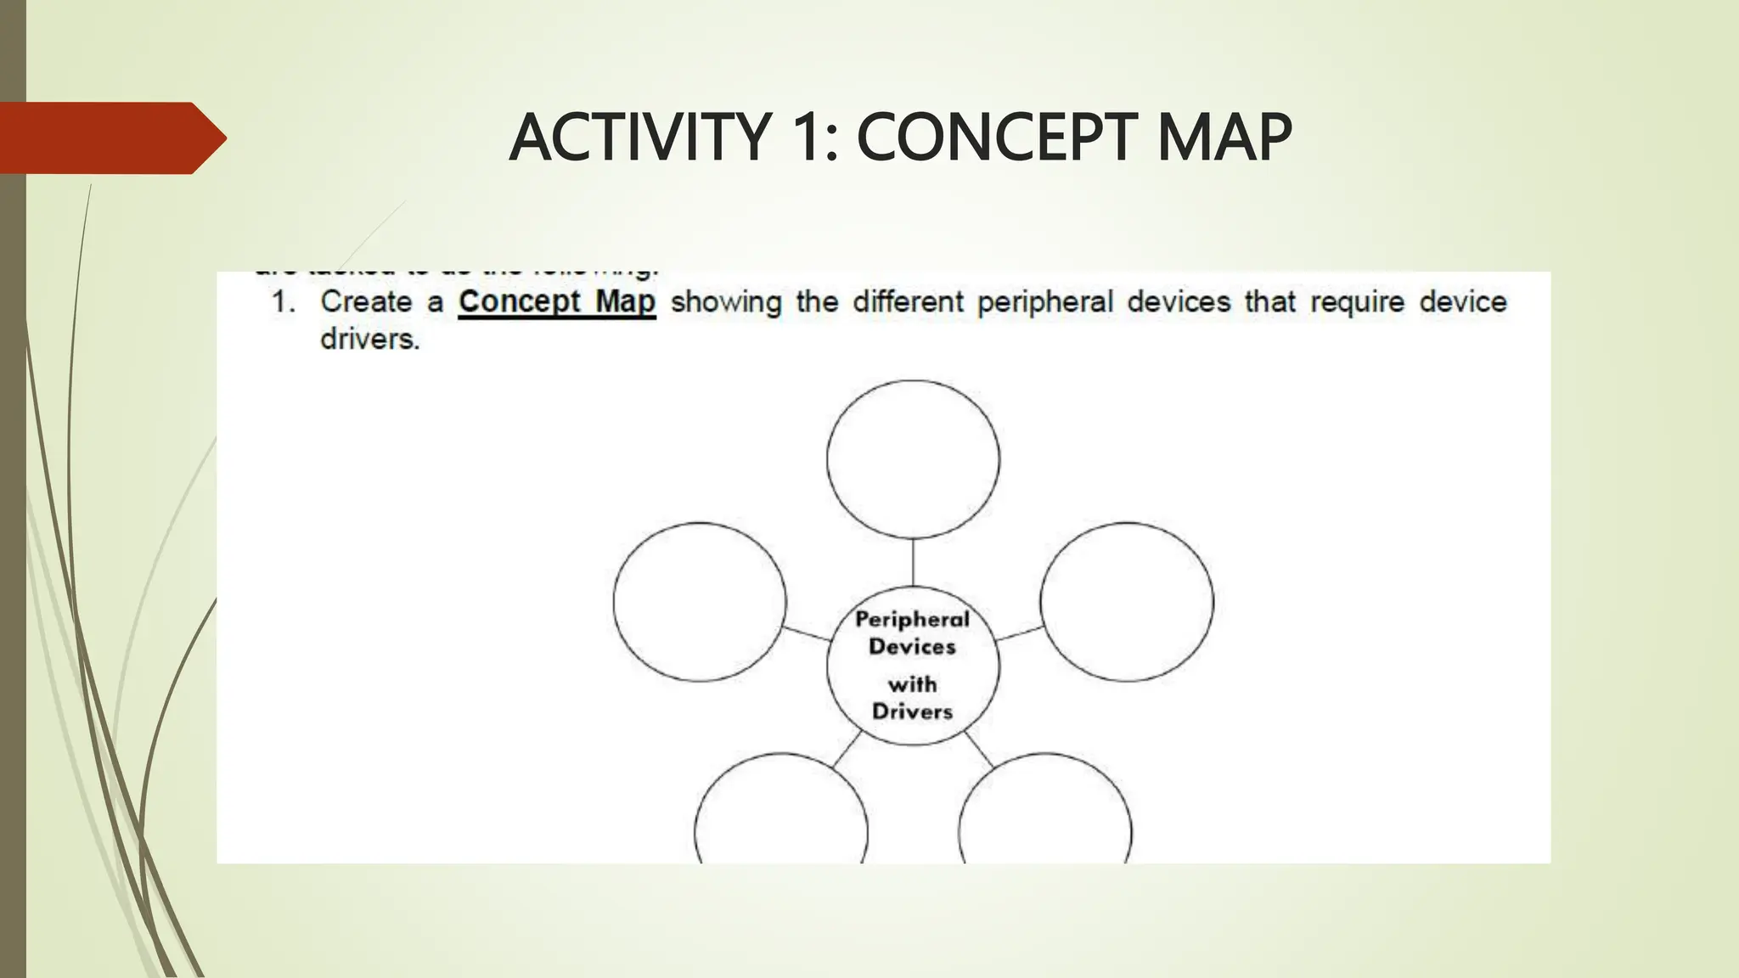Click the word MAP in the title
pos(1223,138)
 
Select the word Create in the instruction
pos(366,302)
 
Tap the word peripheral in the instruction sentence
pos(1044,302)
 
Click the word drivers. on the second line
pos(369,340)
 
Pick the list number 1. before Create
pos(283,302)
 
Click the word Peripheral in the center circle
pos(912,620)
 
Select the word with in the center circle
pos(912,684)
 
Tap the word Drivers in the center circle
pos(912,711)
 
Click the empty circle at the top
pos(913,458)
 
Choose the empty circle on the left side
pos(700,601)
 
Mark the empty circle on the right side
pos(1127,601)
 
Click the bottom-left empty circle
pos(781,815)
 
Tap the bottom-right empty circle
pos(1045,815)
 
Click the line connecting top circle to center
pos(913,562)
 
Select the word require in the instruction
pos(1357,302)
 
